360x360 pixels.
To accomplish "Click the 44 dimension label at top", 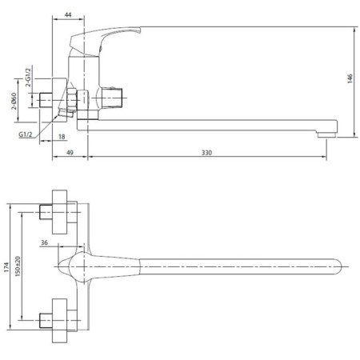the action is (68, 14).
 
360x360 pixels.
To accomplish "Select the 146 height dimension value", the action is (350, 78).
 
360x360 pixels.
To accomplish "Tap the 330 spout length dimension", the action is (206, 153).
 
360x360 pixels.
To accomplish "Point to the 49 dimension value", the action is (70, 153).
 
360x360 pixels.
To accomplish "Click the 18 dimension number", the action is (62, 137).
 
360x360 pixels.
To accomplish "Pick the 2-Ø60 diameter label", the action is (14, 101).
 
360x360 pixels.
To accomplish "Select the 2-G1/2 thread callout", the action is (28, 77).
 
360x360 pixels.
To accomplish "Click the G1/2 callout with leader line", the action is (25, 134).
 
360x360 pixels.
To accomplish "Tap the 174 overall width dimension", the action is (6, 267).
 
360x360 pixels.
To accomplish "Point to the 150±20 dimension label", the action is (18, 266).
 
